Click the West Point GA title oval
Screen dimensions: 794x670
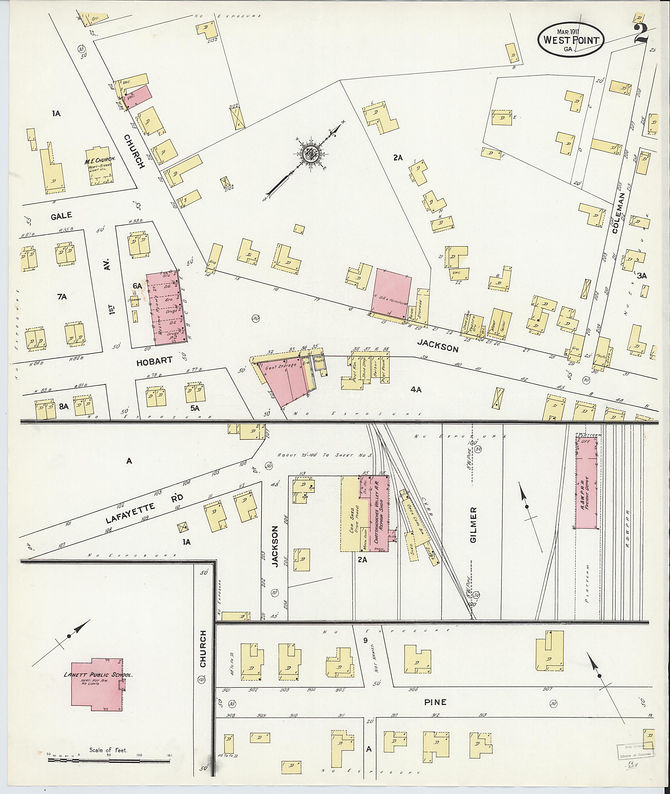click(x=570, y=40)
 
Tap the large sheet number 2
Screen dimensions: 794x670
click(x=641, y=35)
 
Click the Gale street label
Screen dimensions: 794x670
click(x=62, y=215)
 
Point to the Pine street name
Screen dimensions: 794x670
click(x=435, y=702)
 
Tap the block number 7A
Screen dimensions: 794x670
click(x=62, y=297)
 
